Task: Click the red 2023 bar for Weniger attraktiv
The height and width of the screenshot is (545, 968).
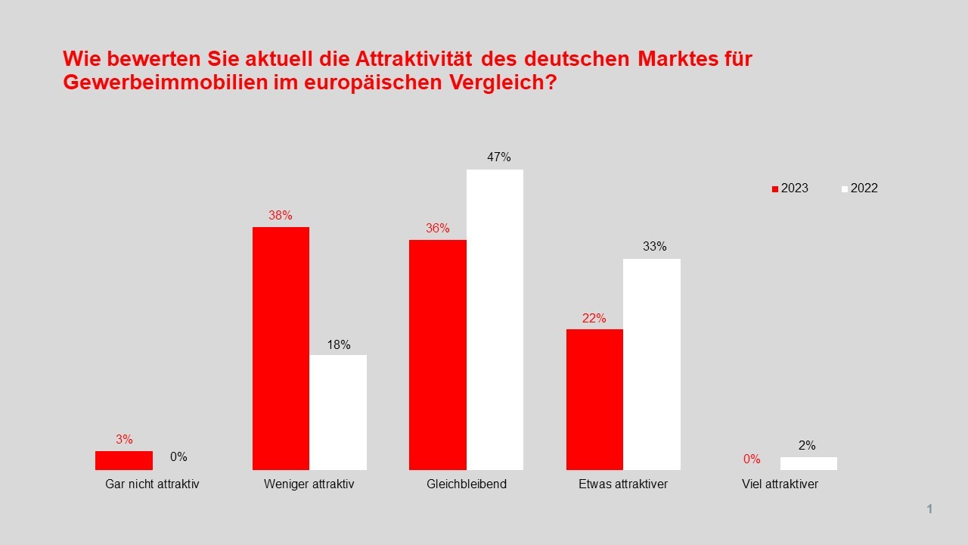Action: (281, 348)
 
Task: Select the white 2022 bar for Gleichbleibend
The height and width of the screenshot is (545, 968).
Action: (495, 319)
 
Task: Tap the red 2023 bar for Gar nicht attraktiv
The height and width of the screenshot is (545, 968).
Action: (124, 460)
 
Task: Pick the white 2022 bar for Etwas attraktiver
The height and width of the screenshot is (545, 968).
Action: (651, 364)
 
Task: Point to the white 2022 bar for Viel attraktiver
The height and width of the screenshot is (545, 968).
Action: (808, 463)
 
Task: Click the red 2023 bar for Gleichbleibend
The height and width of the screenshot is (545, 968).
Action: (438, 354)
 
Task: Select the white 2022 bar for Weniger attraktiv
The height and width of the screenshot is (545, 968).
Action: (338, 412)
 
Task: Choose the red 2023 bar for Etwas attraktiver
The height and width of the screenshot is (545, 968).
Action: (594, 399)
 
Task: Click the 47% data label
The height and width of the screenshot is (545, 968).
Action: (499, 157)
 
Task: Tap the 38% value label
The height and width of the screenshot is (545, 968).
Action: (281, 215)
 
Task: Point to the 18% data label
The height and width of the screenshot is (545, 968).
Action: (339, 345)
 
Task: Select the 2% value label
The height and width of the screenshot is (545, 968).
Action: (807, 446)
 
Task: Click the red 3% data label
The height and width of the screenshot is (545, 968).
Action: (124, 439)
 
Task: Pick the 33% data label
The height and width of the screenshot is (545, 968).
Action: (655, 247)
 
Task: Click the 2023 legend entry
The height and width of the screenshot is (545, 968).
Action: (790, 188)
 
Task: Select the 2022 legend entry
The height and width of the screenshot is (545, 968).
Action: (859, 188)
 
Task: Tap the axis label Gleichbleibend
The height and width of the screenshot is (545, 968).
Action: (467, 484)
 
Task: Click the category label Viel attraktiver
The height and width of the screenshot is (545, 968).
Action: (780, 484)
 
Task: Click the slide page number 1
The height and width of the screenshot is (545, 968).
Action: (929, 509)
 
